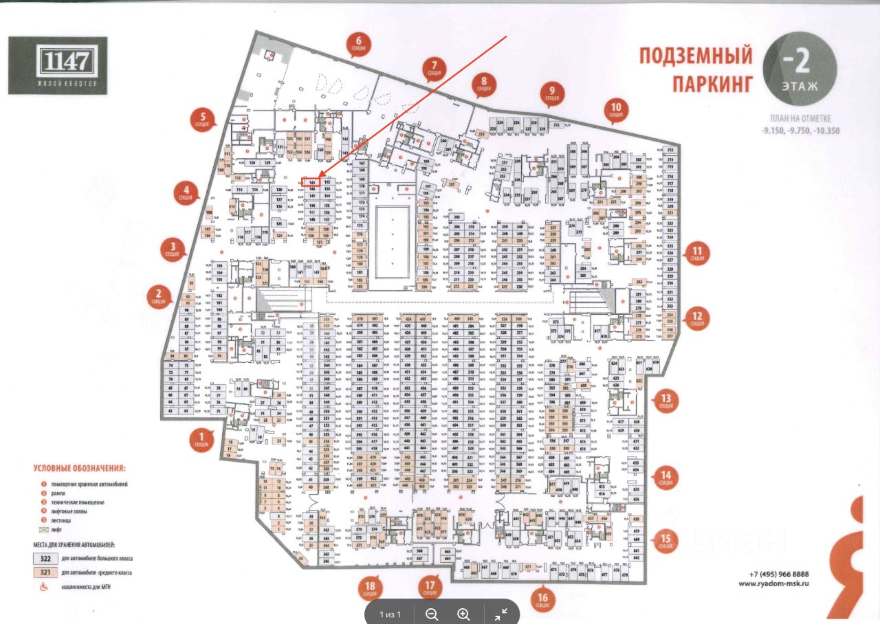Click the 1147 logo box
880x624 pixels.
(x=57, y=65)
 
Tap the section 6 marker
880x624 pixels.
(x=358, y=45)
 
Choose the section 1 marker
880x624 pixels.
(x=201, y=439)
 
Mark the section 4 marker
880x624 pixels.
(x=185, y=192)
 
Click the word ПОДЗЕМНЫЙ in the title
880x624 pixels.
(x=696, y=56)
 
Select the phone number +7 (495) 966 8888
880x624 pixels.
(x=779, y=574)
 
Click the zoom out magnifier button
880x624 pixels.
(x=432, y=614)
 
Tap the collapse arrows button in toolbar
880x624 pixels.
(x=501, y=614)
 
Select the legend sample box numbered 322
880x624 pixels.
(x=45, y=558)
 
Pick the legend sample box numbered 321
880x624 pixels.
(x=45, y=572)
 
